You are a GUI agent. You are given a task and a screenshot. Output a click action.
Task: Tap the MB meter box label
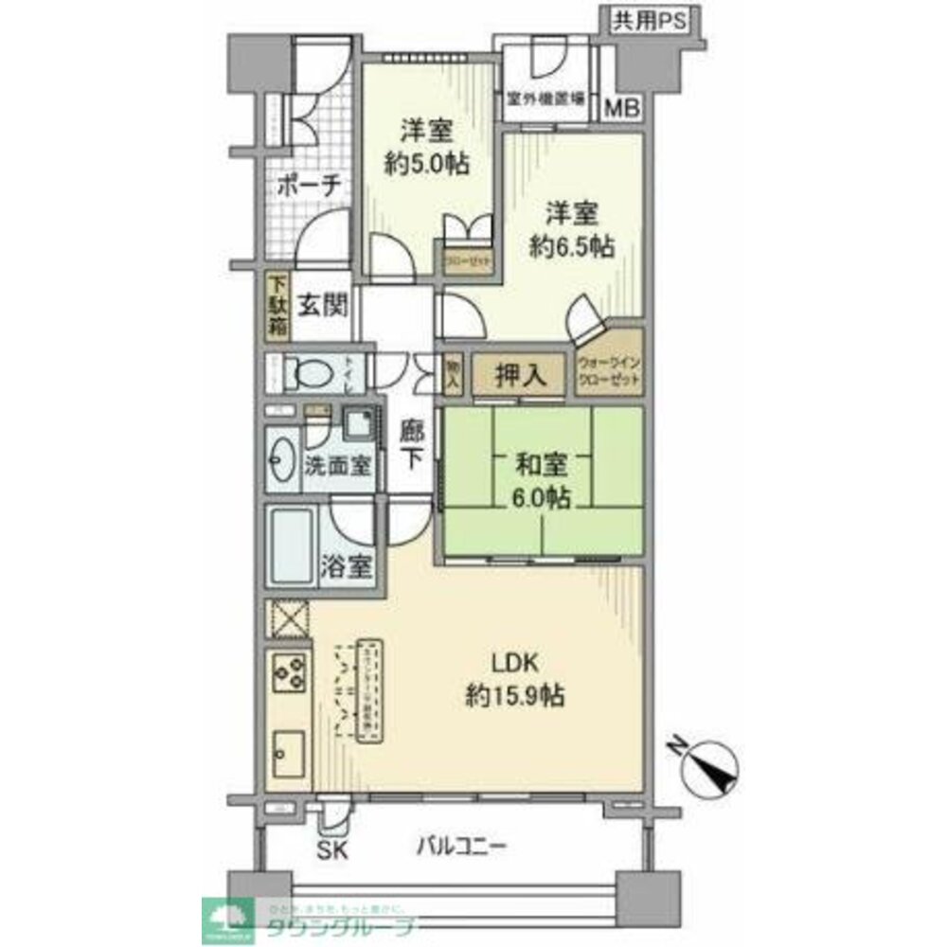coord(623,107)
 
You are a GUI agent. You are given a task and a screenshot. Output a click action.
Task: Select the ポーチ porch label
coord(309,187)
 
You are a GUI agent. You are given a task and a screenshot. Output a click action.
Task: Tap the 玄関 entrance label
coord(324,306)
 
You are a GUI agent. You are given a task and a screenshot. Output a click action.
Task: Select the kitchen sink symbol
coord(287,747)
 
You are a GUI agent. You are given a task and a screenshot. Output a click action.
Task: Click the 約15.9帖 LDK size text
coord(515,697)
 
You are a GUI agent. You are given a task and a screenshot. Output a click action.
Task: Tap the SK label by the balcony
coord(332,849)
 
